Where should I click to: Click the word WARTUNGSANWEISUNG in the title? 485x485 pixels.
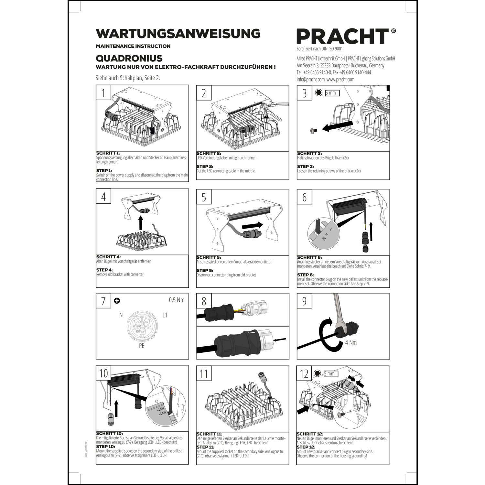click(x=178, y=34)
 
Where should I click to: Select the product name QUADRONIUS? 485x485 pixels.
click(x=129, y=58)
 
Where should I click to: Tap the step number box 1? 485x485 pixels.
click(x=103, y=93)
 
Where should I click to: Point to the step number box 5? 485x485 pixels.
click(x=204, y=197)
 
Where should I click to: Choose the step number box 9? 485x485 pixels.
click(x=304, y=301)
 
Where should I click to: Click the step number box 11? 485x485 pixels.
click(x=204, y=373)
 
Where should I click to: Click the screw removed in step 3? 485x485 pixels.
click(x=313, y=130)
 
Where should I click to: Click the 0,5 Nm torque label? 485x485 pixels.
click(x=177, y=300)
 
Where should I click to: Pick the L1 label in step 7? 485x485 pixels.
click(x=165, y=315)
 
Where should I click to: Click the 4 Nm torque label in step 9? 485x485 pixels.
click(x=351, y=342)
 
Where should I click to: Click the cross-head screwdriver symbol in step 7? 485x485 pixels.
click(x=117, y=301)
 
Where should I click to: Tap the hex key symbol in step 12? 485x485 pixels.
click(x=317, y=373)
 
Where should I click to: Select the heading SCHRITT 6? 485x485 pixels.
click(x=309, y=257)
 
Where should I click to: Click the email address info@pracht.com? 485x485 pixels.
click(x=310, y=79)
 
